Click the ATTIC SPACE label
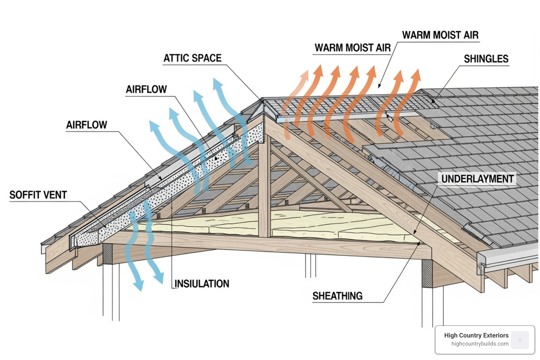point(193,58)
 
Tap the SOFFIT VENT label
point(38,195)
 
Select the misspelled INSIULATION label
point(202,284)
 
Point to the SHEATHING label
point(337,296)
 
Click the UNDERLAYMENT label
point(477,179)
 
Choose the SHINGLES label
point(486,59)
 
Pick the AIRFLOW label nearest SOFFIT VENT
point(86,125)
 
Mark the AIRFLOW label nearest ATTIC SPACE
point(146,89)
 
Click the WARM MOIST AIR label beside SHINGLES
point(440,35)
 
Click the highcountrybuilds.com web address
point(480,344)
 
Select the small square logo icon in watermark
point(520,340)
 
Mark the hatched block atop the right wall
point(427,274)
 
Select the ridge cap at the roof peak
point(262,105)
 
